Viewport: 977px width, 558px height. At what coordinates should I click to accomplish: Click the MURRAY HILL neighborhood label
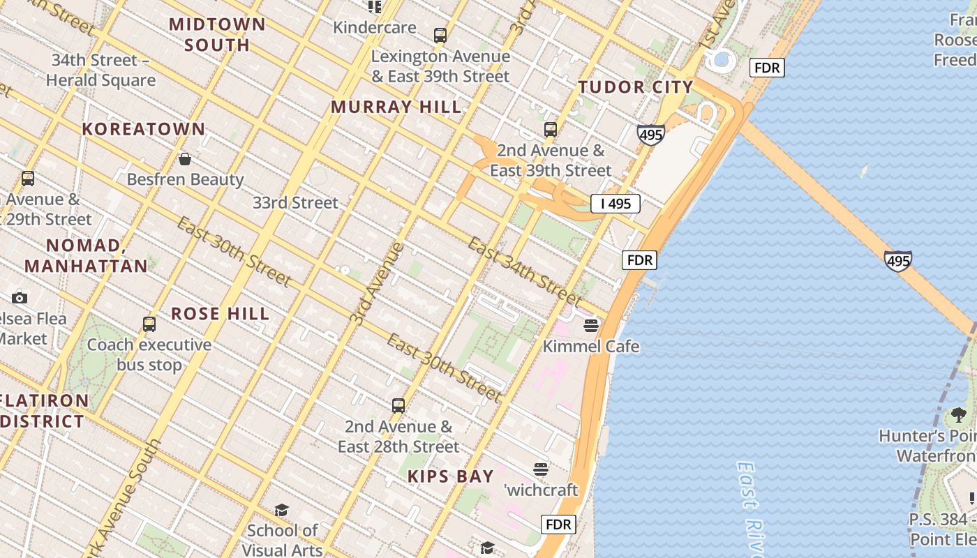[x=396, y=107]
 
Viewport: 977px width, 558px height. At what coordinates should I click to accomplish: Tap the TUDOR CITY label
[x=636, y=87]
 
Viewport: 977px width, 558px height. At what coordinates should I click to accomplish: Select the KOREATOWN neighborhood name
[x=144, y=129]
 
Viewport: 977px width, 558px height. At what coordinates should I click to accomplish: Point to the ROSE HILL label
[x=221, y=314]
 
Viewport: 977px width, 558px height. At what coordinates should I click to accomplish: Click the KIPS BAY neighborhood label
[x=451, y=476]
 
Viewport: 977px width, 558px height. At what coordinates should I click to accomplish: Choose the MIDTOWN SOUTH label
[x=217, y=34]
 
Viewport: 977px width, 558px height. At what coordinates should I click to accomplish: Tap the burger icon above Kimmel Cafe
[x=591, y=326]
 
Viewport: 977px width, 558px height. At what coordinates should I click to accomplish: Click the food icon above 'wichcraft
[x=541, y=469]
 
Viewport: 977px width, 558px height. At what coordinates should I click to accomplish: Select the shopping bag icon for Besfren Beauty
[x=185, y=159]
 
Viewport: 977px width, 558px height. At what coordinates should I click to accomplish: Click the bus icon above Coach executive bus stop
[x=149, y=324]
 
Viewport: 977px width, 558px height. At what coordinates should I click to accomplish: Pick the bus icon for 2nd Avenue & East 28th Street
[x=398, y=405]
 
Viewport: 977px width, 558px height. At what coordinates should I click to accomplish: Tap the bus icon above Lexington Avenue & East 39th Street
[x=440, y=35]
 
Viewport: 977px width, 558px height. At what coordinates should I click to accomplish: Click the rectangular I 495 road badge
[x=616, y=204]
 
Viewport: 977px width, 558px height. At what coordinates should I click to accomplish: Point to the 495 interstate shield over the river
[x=897, y=261]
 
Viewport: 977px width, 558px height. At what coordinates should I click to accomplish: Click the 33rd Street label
[x=295, y=203]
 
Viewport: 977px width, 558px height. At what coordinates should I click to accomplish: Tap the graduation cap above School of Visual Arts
[x=281, y=510]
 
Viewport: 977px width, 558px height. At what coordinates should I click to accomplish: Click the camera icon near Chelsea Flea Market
[x=20, y=298]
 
